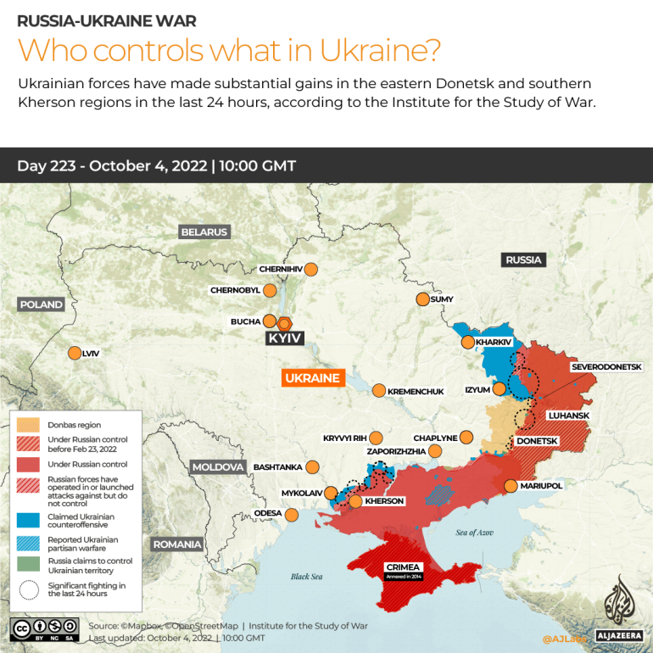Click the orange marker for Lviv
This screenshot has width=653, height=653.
pos(74,353)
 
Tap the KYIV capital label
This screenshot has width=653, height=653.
pos(285,338)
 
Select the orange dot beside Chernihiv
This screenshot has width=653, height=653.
pos(311,269)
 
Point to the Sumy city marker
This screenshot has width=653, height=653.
pos(422,299)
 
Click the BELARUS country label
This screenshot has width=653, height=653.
pos(204,232)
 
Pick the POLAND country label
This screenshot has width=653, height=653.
pos(42,304)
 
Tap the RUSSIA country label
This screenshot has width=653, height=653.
pos(523,260)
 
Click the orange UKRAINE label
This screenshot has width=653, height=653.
pos(312,378)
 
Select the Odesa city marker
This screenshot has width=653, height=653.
pos(293,514)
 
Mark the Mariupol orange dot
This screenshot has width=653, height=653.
pos(511,486)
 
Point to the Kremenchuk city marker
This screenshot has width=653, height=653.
pos(379,390)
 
